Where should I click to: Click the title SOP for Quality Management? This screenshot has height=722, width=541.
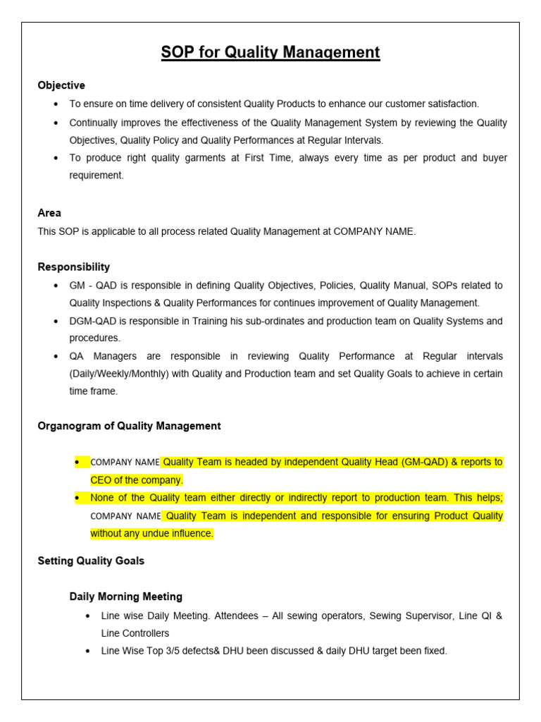point(270,52)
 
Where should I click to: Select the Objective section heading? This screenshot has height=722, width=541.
point(61,85)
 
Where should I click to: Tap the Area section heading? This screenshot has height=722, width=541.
point(49,213)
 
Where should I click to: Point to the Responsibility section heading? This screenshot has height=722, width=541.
point(73,267)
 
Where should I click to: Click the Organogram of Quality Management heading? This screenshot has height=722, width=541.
point(129,426)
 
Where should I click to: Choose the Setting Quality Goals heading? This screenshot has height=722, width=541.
point(91,561)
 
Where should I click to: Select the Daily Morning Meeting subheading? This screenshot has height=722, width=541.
point(125,596)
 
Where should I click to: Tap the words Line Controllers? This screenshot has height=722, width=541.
point(135,633)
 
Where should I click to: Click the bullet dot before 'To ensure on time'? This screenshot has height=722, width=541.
point(56,104)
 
